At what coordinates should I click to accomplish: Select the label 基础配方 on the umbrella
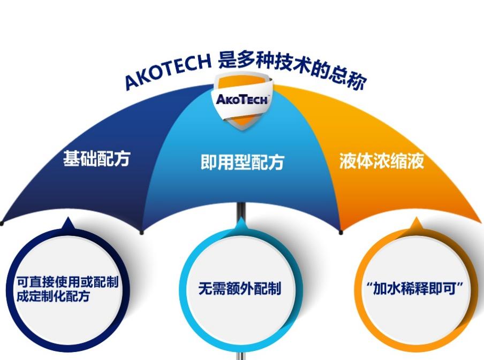(x=97, y=159)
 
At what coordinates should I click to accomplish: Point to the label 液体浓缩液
(x=381, y=161)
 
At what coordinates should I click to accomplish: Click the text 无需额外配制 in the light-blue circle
(x=239, y=289)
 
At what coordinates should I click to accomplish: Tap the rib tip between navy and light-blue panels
(x=142, y=232)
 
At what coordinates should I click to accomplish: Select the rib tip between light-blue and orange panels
(x=341, y=232)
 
